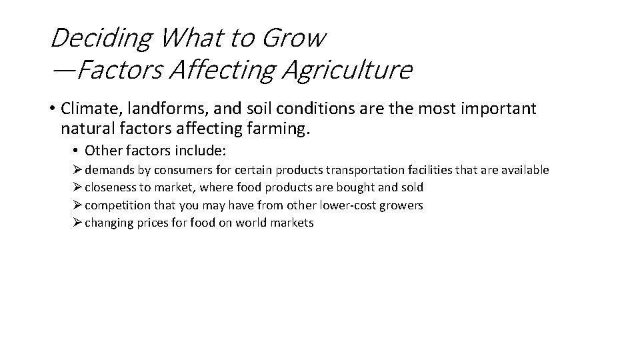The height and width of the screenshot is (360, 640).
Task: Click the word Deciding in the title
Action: tap(100, 39)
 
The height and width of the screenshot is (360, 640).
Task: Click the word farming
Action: tap(281, 127)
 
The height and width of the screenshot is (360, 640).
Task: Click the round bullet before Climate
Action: tap(53, 109)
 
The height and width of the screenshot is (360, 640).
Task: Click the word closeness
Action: tap(111, 187)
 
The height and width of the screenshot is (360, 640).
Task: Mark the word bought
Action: tap(360, 187)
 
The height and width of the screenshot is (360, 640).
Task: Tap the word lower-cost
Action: tap(346, 205)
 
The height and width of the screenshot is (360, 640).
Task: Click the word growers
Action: tap(401, 205)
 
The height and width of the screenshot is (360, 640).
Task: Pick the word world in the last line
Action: tap(251, 223)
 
